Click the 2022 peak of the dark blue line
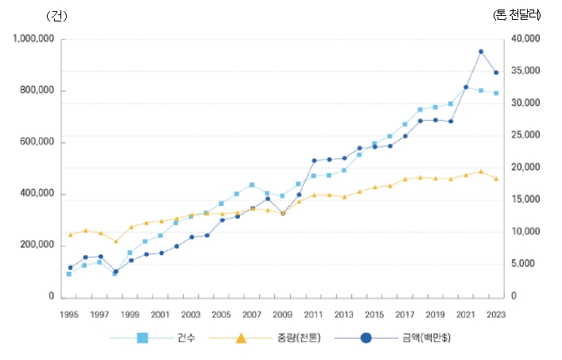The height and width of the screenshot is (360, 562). pyautogui.click(x=481, y=52)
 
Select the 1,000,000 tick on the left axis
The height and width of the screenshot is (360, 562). pyautogui.click(x=33, y=39)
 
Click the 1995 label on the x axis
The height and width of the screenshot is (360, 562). pyautogui.click(x=69, y=314)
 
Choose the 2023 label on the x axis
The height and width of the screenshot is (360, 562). pyautogui.click(x=496, y=314)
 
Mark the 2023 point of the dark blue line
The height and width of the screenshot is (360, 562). pyautogui.click(x=496, y=72)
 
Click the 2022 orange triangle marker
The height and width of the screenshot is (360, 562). pyautogui.click(x=481, y=171)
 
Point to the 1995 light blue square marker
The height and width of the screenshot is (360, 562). pyautogui.click(x=69, y=274)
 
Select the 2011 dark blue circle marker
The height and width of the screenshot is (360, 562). pyautogui.click(x=314, y=161)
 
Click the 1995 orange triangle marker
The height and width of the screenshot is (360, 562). pyautogui.click(x=69, y=234)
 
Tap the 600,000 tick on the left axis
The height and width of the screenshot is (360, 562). pyautogui.click(x=37, y=142)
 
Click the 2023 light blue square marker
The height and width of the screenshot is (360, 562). pyautogui.click(x=496, y=93)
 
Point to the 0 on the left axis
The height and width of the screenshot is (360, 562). pyautogui.click(x=51, y=296)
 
